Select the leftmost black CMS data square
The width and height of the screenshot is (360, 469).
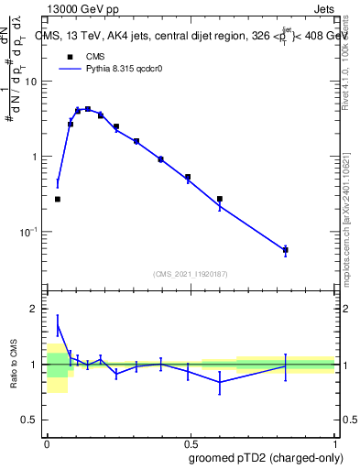pos(58,199)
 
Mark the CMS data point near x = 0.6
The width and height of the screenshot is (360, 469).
pos(220,199)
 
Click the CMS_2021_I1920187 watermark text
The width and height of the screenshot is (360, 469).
pos(191,274)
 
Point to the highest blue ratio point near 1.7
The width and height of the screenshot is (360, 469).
pos(58,325)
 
